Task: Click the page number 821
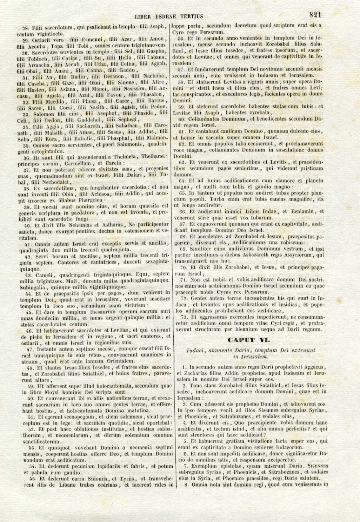(315, 15)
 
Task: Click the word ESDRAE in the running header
(165, 16)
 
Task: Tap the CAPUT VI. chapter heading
(249, 340)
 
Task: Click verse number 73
(184, 317)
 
